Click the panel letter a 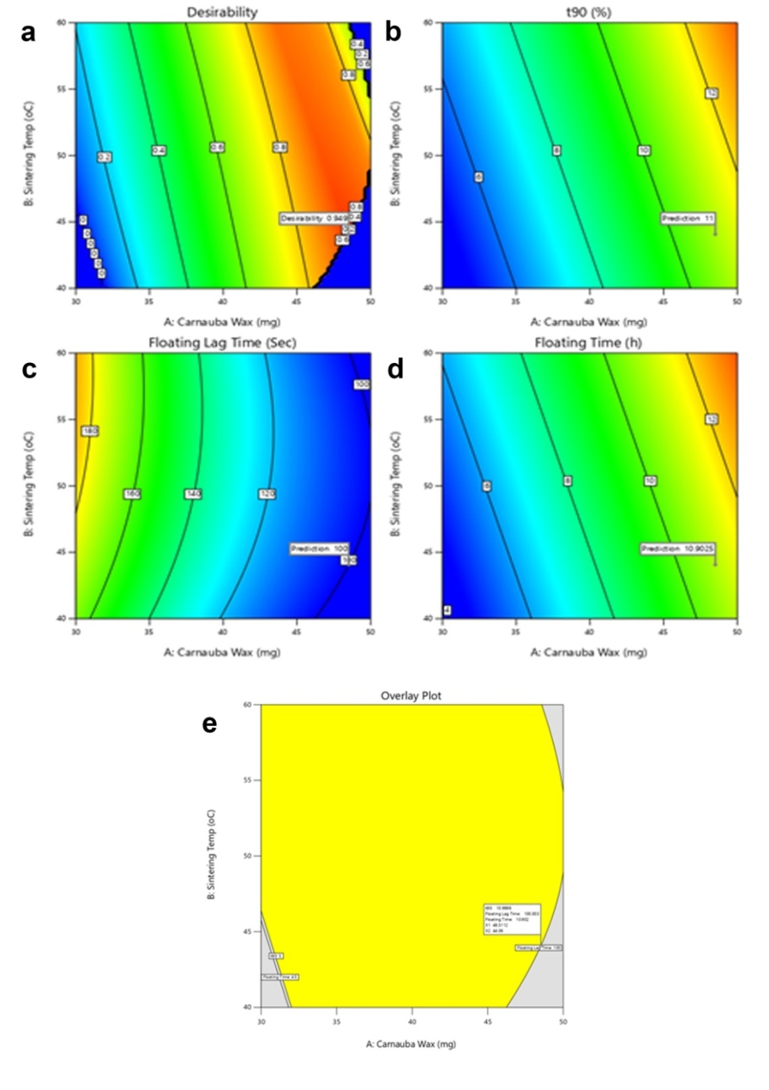(27, 32)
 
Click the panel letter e (209, 724)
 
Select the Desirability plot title (222, 12)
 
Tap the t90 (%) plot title (588, 12)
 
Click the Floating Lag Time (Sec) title (222, 343)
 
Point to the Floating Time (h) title (588, 343)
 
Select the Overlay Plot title (411, 696)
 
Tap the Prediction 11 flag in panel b (689, 219)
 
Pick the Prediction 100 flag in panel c (319, 549)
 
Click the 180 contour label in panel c (90, 431)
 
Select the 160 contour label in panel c (132, 494)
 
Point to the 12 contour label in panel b (712, 93)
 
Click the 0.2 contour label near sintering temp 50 (104, 157)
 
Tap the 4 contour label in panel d (446, 610)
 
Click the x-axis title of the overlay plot (411, 1044)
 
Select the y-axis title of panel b (396, 155)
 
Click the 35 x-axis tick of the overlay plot (337, 1021)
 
